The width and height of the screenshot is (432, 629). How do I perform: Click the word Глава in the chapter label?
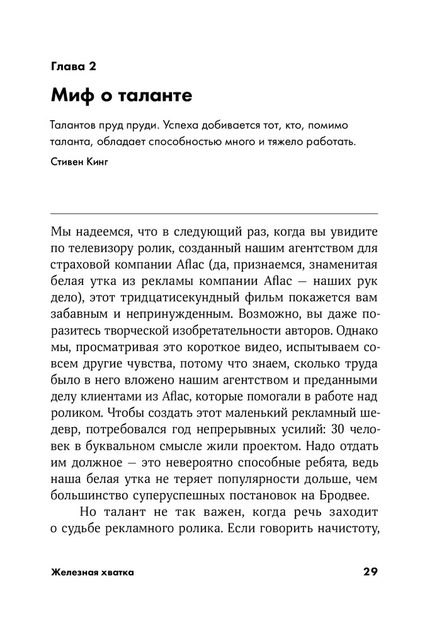tap(66, 65)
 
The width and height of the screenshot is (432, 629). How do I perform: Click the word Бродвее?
tap(352, 496)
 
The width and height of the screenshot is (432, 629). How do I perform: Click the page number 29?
tap(370, 572)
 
